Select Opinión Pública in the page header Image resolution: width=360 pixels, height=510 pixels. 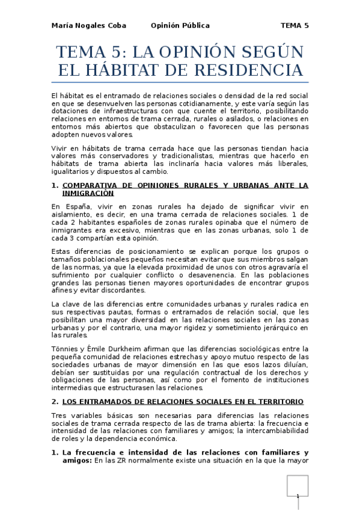(180, 26)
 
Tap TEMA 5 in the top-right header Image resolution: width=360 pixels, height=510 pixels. (294, 26)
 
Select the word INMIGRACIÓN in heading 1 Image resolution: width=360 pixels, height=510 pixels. (88, 194)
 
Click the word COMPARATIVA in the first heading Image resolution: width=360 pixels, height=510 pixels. (90, 185)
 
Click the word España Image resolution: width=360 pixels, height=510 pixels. (76, 207)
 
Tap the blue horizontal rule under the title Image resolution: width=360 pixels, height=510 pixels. (180, 82)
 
